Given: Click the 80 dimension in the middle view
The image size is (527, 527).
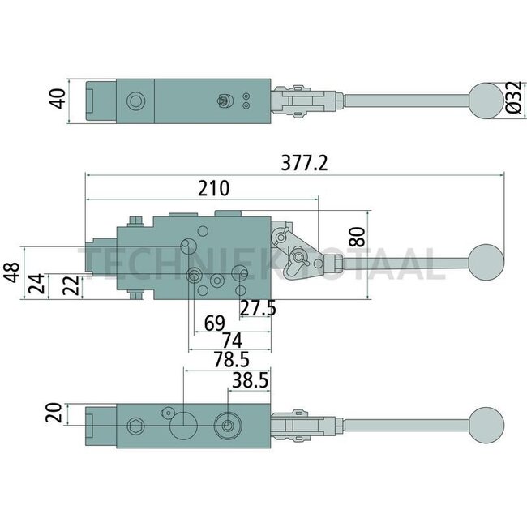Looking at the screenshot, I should click(x=356, y=237).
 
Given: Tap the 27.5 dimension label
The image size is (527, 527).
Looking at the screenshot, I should click(x=257, y=309).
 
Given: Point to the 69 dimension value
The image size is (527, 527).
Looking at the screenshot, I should click(x=214, y=323).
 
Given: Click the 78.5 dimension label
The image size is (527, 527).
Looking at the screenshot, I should click(x=229, y=359).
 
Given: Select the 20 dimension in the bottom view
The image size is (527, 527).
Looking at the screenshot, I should click(x=53, y=414).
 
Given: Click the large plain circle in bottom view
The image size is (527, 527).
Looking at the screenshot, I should click(x=183, y=424).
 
